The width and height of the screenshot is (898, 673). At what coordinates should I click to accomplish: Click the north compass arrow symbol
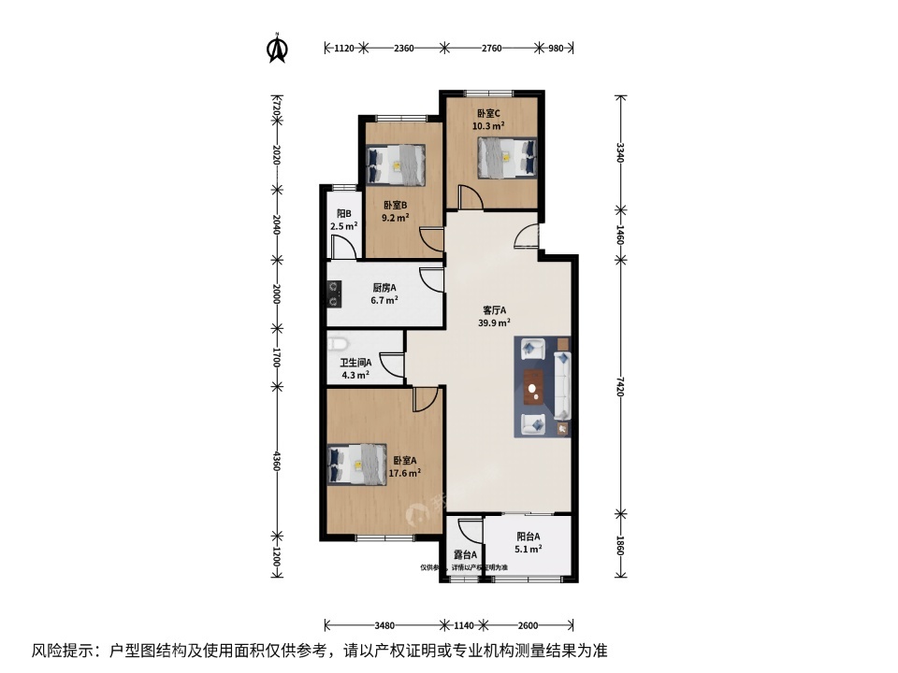277,49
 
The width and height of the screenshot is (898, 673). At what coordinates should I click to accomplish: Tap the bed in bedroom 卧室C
506,157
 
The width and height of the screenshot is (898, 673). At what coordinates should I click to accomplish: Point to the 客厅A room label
495,310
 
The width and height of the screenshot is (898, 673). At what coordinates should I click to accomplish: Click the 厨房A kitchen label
384,288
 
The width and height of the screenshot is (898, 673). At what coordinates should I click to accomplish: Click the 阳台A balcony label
529,537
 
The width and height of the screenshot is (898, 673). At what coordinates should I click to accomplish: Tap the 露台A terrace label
465,555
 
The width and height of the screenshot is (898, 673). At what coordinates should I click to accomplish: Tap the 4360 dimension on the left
275,462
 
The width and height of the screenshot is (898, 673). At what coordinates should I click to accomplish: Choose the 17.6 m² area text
404,473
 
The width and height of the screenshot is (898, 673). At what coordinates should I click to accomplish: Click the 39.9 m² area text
495,323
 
